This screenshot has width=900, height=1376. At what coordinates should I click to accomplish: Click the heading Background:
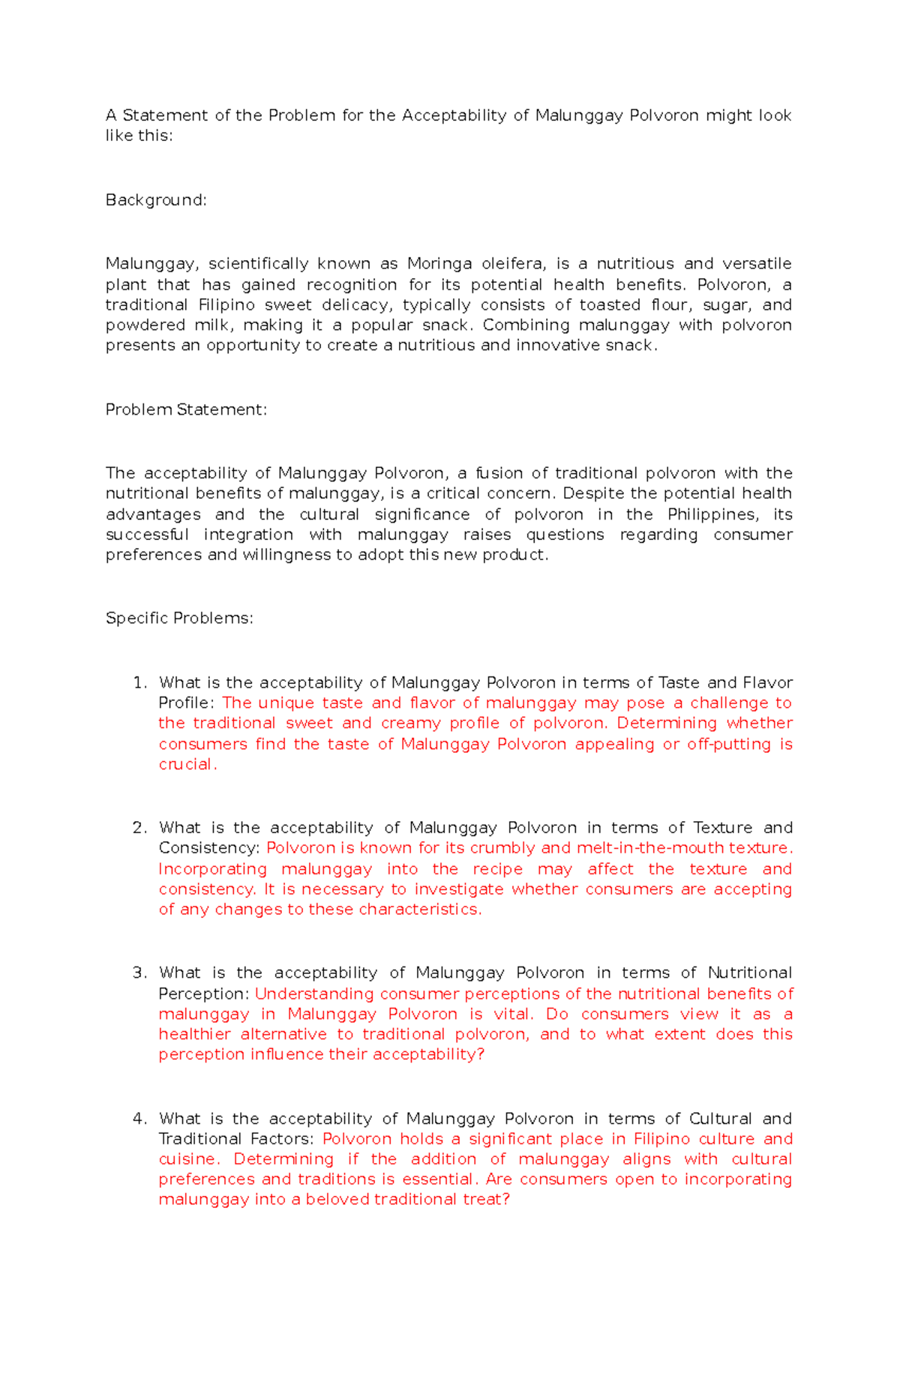(155, 200)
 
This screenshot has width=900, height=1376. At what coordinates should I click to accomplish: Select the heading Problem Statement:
(186, 409)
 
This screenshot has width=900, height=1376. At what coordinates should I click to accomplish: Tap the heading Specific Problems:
(179, 618)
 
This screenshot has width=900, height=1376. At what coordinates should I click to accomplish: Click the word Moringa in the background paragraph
(439, 264)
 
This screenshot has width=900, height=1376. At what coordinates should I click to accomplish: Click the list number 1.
(139, 682)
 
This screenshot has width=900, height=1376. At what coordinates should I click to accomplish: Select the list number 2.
(139, 828)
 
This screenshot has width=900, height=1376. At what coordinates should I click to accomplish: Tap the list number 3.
(139, 973)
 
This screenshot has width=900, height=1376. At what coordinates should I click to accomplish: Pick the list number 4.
(139, 1119)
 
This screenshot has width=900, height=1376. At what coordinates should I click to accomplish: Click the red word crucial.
(186, 764)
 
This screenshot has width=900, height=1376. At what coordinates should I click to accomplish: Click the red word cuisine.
(188, 1159)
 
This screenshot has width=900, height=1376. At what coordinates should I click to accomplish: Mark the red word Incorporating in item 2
(212, 869)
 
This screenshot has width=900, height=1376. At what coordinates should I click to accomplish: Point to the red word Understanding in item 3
(313, 994)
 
